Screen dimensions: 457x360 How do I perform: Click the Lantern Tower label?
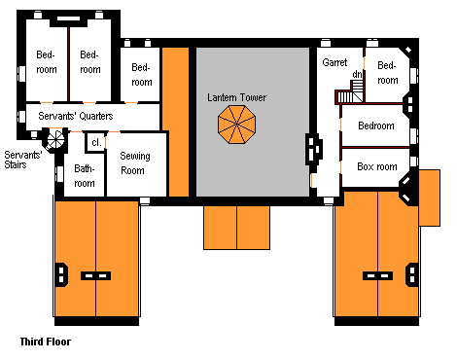click(236, 97)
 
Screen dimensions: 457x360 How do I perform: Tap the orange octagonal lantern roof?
click(237, 125)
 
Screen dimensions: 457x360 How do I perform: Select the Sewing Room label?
click(135, 163)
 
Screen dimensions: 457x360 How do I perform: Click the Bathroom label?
click(85, 176)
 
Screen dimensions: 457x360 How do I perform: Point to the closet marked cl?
click(96, 142)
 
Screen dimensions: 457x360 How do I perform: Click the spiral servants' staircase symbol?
click(55, 139)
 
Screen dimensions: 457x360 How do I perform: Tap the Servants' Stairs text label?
click(22, 160)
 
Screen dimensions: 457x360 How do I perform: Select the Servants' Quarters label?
click(76, 116)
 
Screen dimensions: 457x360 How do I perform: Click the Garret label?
click(334, 62)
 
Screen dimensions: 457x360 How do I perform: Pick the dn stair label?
click(357, 75)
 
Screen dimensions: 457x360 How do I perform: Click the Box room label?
click(377, 166)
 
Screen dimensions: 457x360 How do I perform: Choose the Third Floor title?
click(46, 342)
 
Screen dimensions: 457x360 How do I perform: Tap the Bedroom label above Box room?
click(376, 126)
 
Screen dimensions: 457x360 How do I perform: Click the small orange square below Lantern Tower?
click(237, 228)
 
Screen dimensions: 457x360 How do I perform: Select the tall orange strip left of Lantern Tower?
click(175, 122)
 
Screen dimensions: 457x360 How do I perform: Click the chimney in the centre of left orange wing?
click(95, 276)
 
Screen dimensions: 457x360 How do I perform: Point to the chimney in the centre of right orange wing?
click(377, 276)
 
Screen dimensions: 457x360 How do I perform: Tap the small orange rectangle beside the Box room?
click(429, 198)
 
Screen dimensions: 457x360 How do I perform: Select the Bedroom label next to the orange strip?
click(142, 75)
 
